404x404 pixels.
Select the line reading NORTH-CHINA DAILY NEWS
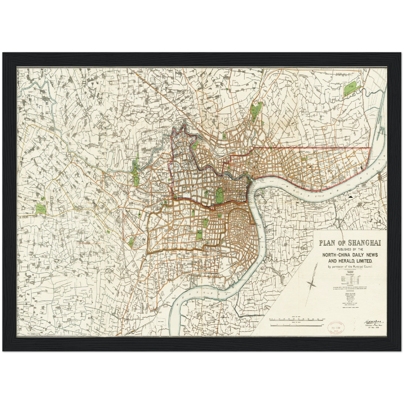point(350,255)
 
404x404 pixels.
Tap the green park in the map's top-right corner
point(349,89)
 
